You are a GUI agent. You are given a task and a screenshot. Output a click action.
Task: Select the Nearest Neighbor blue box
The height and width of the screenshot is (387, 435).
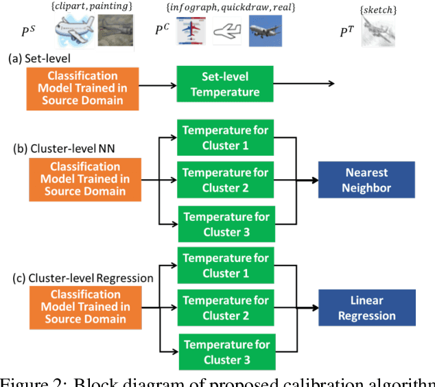(x=366, y=180)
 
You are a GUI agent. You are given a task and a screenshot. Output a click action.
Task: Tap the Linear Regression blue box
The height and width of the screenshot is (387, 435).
(x=366, y=307)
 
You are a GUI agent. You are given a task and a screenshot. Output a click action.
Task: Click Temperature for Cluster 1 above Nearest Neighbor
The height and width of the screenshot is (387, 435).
(x=224, y=137)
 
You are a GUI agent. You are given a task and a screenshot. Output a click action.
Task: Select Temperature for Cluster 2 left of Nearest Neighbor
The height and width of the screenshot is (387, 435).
(x=224, y=180)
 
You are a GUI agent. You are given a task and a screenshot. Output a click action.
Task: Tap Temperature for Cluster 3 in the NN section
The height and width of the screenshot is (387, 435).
(x=224, y=223)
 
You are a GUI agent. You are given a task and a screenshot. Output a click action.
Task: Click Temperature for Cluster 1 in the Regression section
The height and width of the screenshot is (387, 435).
(x=224, y=265)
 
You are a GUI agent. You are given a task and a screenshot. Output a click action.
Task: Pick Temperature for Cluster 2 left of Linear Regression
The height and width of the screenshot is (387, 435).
(x=224, y=308)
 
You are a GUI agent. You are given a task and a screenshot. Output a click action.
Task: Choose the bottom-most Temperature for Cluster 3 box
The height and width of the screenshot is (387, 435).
(x=224, y=351)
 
